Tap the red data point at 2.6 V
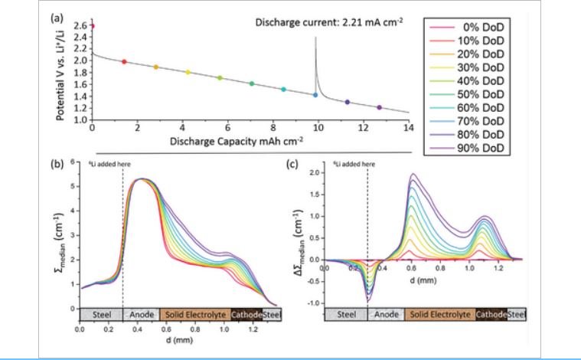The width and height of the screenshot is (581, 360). tap(92, 26)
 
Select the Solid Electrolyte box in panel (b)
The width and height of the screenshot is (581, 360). tap(194, 315)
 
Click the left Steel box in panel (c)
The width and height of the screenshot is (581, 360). tap(347, 315)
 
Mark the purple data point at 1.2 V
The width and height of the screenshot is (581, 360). tap(380, 107)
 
